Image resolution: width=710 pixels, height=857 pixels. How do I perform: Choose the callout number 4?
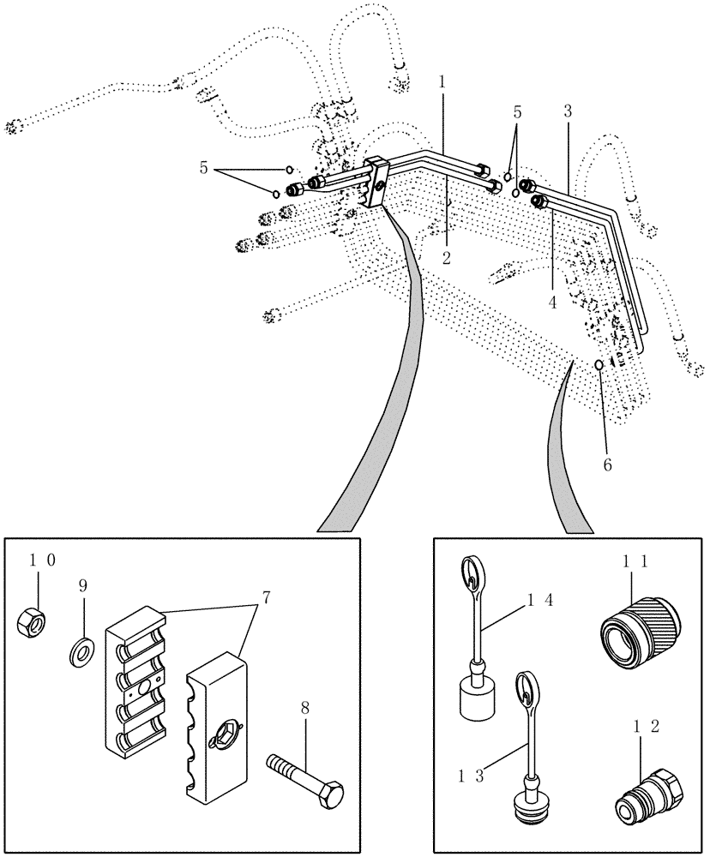[553, 303]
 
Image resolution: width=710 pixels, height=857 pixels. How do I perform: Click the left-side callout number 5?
[203, 168]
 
